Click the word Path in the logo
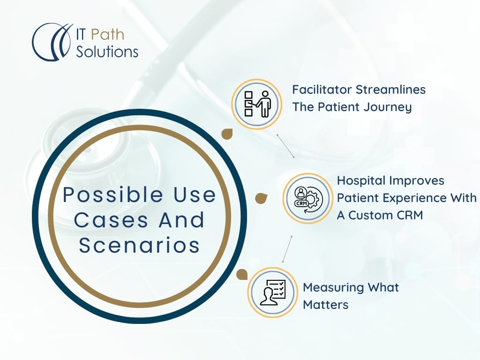point(108,34)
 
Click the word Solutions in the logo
point(107,52)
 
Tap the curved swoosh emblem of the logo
point(52,42)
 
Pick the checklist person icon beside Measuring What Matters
point(273,292)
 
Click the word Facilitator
point(322,90)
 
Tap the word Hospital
point(356,180)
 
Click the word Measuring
point(333,288)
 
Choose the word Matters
point(326,305)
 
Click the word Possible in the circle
point(113,195)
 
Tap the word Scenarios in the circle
point(139,245)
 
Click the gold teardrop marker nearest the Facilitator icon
point(227,134)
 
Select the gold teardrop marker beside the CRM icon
point(261,198)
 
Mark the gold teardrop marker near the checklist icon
point(242,275)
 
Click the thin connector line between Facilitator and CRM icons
point(285,146)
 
